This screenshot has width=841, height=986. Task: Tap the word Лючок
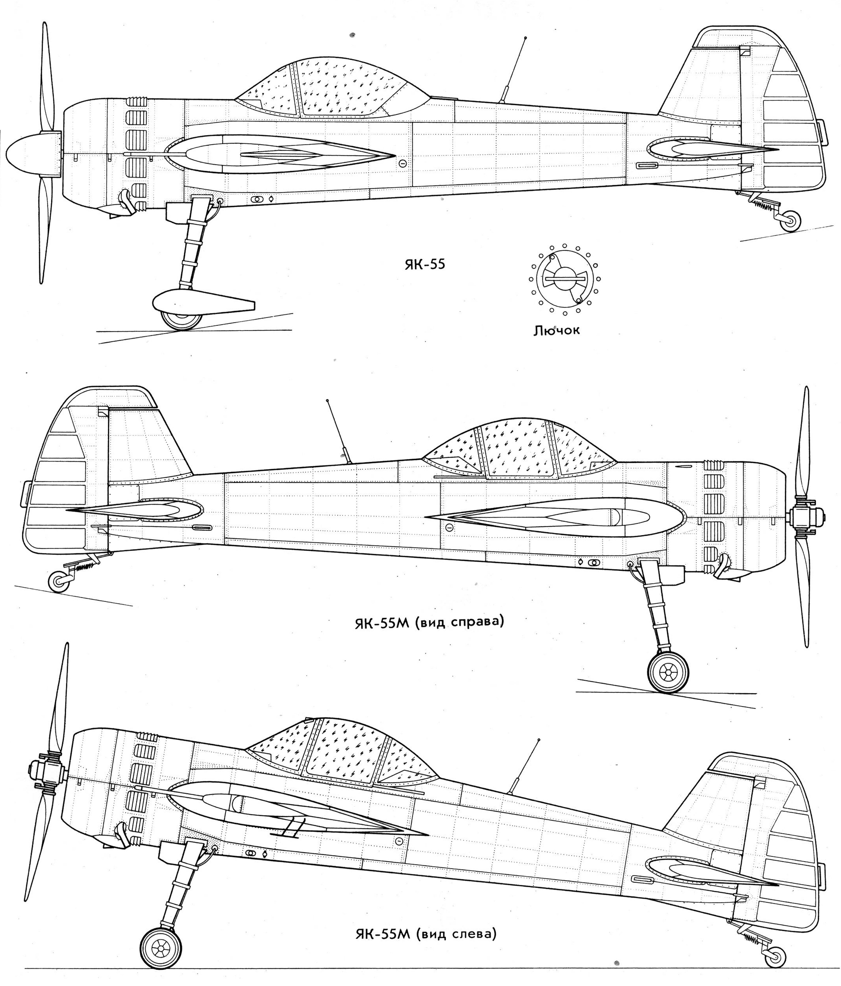point(556,330)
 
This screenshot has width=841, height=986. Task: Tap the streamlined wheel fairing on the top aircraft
point(202,303)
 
